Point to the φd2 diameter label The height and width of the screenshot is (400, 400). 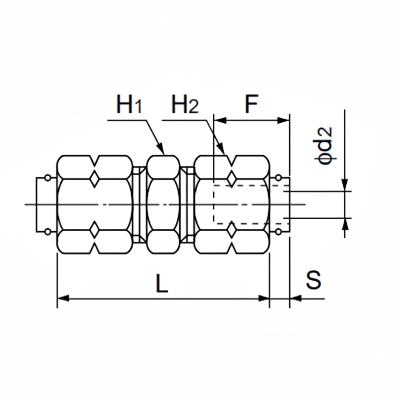325,146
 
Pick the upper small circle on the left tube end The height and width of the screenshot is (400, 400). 48,178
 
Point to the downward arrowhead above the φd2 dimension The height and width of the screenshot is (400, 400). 345,185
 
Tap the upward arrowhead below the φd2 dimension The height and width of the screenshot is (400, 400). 345,224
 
